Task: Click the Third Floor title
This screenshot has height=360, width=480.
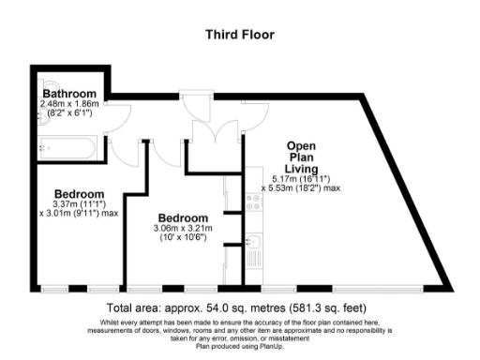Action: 239,35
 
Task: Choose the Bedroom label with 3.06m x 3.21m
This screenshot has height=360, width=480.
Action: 183,217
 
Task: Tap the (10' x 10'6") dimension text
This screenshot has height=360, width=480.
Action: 183,238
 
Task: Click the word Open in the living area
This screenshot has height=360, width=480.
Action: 299,146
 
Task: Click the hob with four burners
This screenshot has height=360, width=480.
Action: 253,200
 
